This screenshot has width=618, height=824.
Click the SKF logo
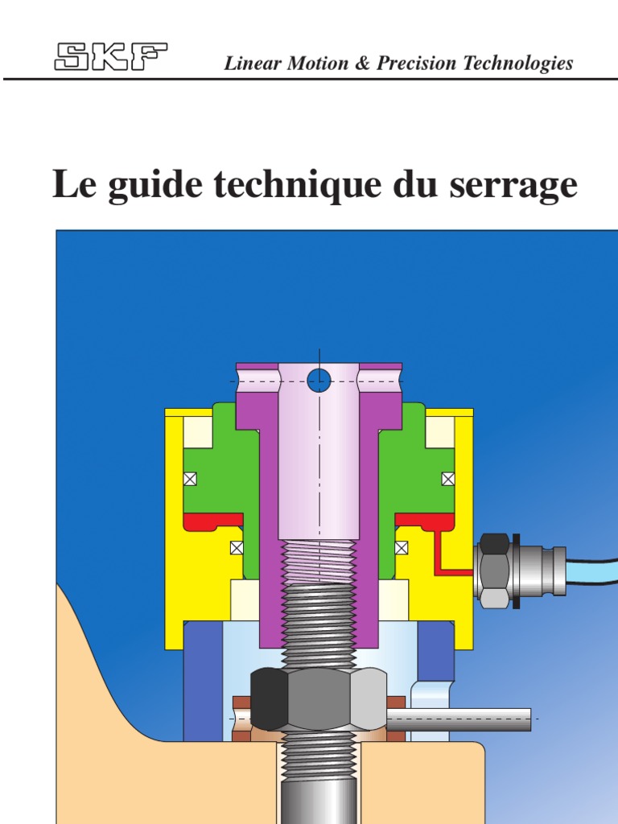tap(111, 57)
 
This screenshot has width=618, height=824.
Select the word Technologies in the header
tap(524, 64)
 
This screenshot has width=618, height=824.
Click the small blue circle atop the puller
tap(319, 380)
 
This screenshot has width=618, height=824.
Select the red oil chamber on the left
tap(212, 521)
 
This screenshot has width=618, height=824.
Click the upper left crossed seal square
tap(191, 479)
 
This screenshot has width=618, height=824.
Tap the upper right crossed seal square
tap(448, 479)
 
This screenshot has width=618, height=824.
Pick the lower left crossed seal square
tap(237, 548)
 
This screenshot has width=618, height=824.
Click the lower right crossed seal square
tap(401, 548)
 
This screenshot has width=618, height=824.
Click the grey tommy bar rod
tap(467, 719)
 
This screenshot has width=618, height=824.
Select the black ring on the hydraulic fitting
tap(515, 570)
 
